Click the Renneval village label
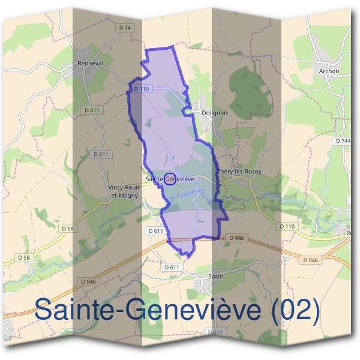(x=92, y=62)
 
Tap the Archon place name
(x=329, y=71)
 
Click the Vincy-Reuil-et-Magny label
(x=124, y=191)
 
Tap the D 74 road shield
(x=125, y=28)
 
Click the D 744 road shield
(x=344, y=140)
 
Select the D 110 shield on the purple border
(x=141, y=88)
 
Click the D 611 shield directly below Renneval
(x=92, y=110)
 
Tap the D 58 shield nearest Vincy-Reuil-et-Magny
(x=67, y=229)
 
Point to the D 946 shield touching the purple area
(x=236, y=238)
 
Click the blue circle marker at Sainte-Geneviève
(x=170, y=179)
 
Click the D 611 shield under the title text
(x=215, y=332)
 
